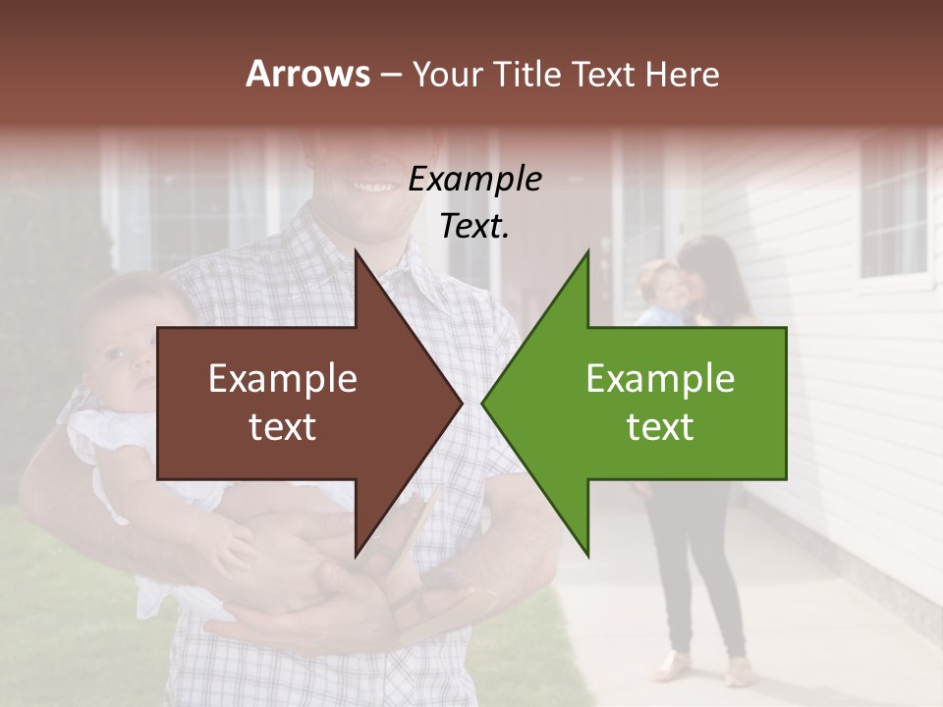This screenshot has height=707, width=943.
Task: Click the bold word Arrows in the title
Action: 307,74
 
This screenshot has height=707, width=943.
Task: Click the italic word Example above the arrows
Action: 475,180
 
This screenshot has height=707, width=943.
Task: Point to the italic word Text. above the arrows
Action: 475,227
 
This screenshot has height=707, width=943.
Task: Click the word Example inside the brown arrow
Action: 282,379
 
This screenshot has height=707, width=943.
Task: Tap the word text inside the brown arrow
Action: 282,427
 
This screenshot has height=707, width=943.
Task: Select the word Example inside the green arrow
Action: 660,379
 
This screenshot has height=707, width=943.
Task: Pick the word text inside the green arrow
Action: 660,427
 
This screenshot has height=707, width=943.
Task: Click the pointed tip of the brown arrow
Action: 461,403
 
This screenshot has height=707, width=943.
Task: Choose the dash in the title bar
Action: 390,75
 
